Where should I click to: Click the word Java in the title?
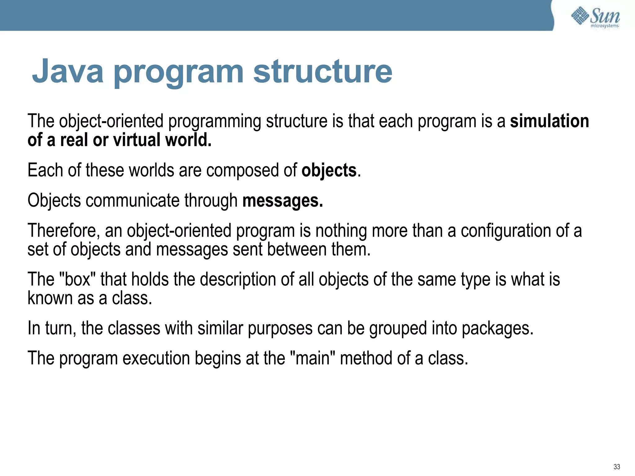click(x=68, y=71)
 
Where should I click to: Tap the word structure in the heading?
click(x=323, y=71)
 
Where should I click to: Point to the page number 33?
click(x=616, y=467)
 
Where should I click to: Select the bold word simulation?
click(x=549, y=121)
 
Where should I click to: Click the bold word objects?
click(x=329, y=170)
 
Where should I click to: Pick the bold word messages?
click(x=282, y=201)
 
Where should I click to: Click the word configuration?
click(x=506, y=231)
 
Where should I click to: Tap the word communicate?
click(x=132, y=201)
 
